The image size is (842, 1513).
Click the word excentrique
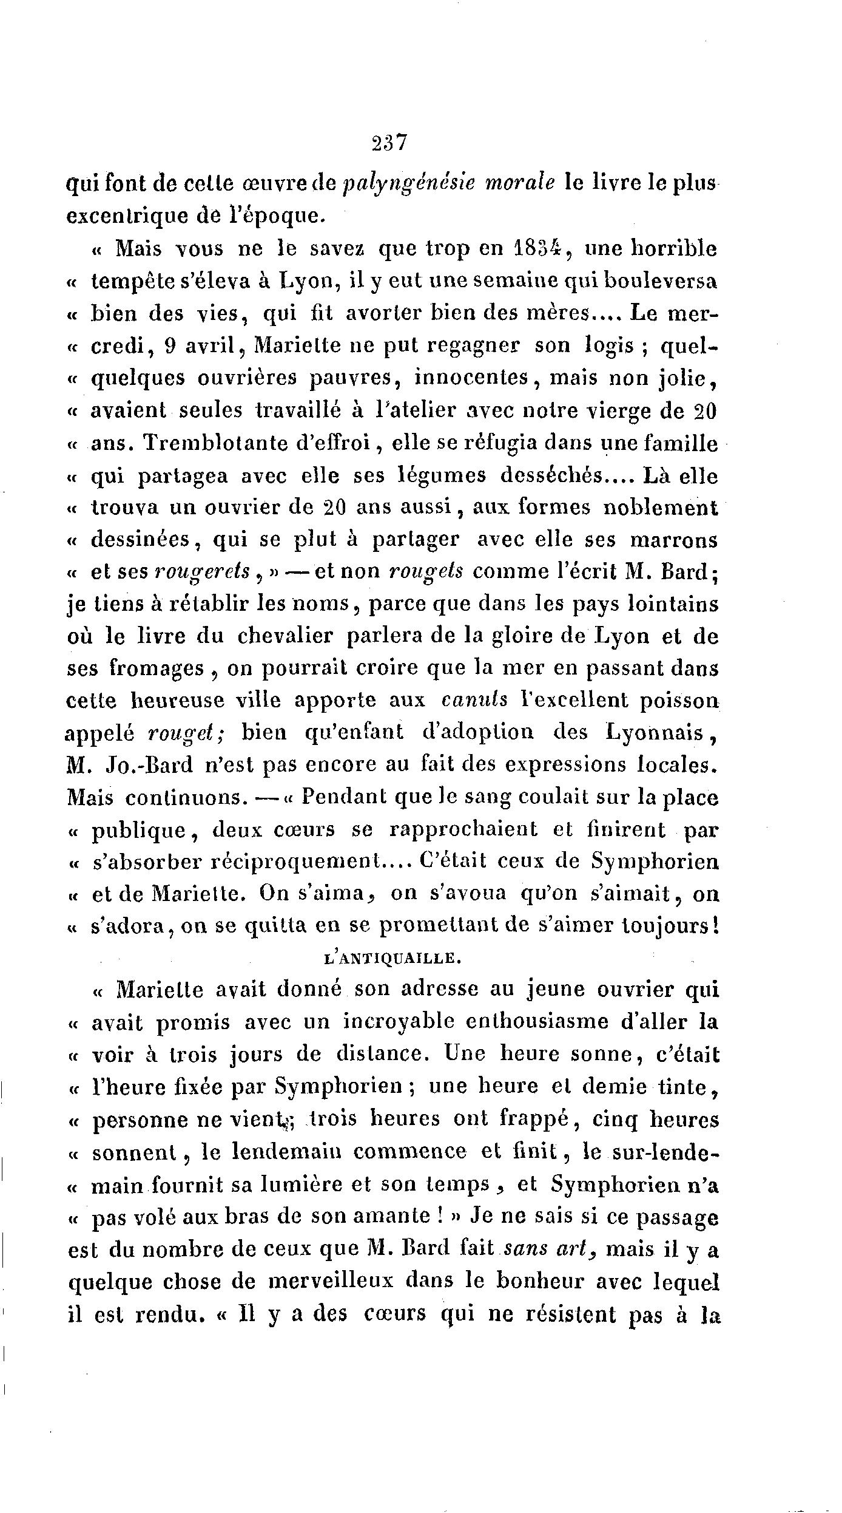coord(137,217)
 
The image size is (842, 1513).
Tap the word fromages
coord(157,668)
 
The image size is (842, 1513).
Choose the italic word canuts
coord(475,701)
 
